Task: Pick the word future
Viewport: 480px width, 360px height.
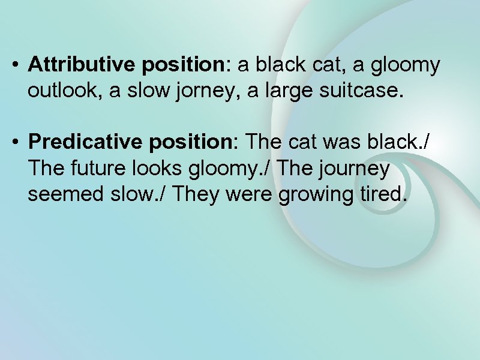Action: (90, 169)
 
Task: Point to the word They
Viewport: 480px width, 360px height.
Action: (200, 194)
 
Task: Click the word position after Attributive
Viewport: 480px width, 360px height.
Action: (186, 65)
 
